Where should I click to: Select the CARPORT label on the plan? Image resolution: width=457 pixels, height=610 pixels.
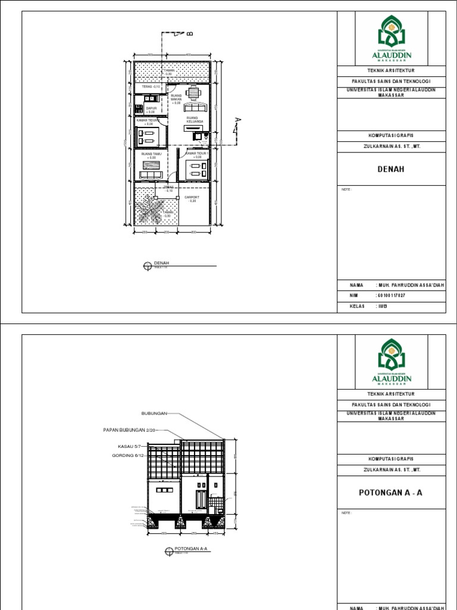click(192, 198)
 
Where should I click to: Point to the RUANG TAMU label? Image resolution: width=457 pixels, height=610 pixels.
click(148, 155)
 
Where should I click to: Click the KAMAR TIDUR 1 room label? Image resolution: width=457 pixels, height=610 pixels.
click(198, 154)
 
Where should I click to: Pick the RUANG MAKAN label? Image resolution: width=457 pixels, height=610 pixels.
click(176, 99)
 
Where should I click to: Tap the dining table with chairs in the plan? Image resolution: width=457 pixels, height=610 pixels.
click(192, 93)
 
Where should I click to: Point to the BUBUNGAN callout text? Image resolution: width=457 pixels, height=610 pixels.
click(155, 412)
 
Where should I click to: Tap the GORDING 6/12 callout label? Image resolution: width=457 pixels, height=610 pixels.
click(129, 455)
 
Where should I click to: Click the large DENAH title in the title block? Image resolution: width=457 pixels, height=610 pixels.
click(390, 169)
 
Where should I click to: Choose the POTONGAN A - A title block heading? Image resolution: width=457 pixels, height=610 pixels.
click(390, 493)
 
